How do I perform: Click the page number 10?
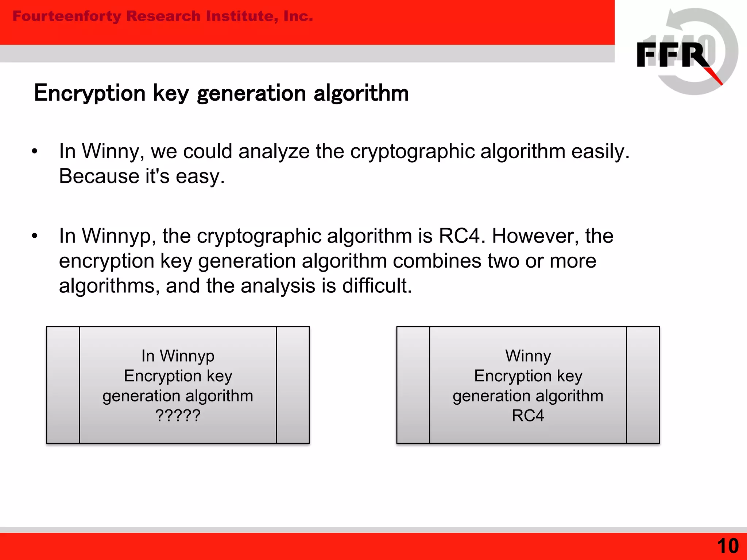pos(728,546)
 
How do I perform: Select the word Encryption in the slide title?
pos(90,93)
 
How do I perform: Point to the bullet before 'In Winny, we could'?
pos(35,151)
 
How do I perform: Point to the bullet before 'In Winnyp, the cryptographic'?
pos(35,236)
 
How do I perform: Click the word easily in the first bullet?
pos(600,151)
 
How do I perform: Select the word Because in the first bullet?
pos(99,176)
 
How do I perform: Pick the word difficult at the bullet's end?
pos(377,285)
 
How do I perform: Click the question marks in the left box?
pos(178,416)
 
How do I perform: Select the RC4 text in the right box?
pos(528,416)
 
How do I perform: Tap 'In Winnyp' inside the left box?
pos(178,356)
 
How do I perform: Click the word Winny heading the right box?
pos(528,356)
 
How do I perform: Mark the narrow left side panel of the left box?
pos(63,385)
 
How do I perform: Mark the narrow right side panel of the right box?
pos(643,385)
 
